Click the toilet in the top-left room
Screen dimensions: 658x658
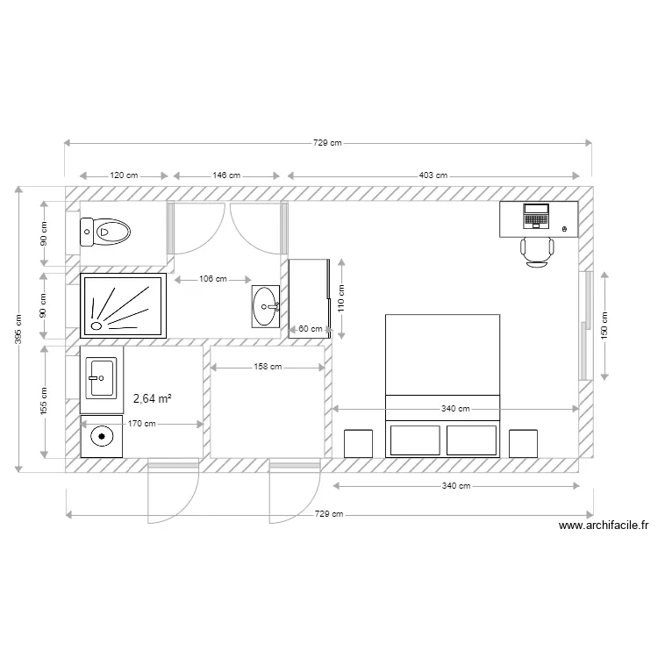tap(106, 232)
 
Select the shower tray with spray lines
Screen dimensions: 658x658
tap(123, 305)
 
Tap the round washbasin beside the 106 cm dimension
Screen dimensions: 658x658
tap(266, 307)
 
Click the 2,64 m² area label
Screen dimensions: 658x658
tap(152, 398)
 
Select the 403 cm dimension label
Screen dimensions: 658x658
tap(433, 175)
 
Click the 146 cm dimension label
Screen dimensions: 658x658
tap(226, 175)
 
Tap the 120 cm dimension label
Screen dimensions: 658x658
tap(124, 175)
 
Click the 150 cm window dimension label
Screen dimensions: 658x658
tap(604, 326)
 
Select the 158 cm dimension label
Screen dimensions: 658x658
tap(268, 368)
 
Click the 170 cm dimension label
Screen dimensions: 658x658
tap(141, 424)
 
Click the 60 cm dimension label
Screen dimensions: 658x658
tap(310, 329)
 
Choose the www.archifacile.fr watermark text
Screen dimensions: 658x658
tap(604, 526)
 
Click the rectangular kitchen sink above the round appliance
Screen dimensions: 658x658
tap(101, 379)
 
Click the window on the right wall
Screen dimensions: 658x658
tap(583, 325)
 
